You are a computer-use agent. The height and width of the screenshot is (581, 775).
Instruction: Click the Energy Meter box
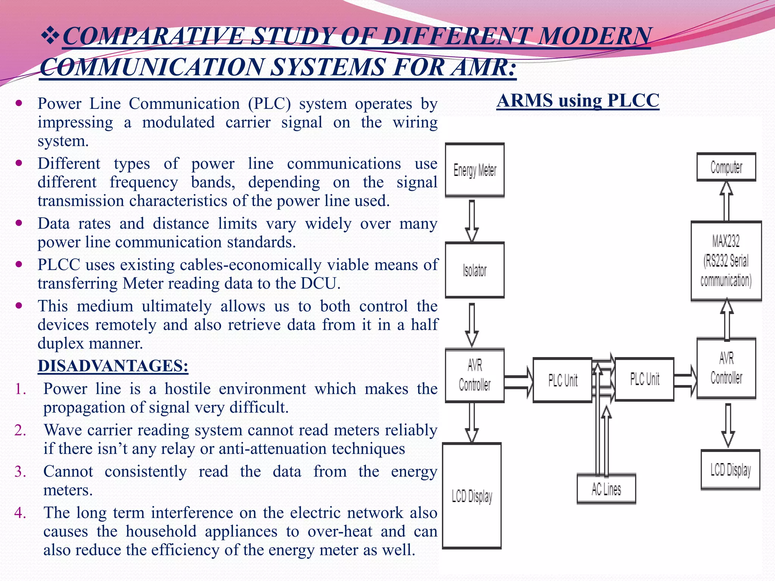[x=475, y=170]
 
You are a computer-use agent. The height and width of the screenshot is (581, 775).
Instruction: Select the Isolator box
[x=475, y=270]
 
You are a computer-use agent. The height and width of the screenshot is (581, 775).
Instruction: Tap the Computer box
[x=726, y=167]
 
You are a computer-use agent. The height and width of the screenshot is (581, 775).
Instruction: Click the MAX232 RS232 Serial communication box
[x=726, y=261]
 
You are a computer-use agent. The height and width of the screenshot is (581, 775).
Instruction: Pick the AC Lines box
[x=606, y=489]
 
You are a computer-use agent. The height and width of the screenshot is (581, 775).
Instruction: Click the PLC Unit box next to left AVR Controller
[x=562, y=380]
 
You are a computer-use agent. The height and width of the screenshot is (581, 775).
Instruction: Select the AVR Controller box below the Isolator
[x=475, y=375]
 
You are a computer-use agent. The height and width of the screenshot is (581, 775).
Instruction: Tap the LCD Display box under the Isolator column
[x=472, y=496]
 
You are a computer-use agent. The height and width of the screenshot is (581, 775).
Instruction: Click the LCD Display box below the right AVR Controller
[x=730, y=469]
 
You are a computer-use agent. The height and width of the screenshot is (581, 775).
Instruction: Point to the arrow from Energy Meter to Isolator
[x=472, y=221]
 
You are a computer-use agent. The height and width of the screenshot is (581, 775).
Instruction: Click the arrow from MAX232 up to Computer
[x=726, y=201]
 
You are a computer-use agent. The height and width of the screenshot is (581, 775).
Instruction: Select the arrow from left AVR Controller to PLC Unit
[x=518, y=382]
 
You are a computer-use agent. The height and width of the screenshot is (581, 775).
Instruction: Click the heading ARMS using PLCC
[x=578, y=101]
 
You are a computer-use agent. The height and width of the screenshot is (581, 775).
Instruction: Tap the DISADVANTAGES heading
[x=113, y=366]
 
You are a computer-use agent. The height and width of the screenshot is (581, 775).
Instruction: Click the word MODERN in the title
[x=594, y=37]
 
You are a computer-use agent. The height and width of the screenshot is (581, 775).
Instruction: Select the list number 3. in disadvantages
[x=20, y=472]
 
